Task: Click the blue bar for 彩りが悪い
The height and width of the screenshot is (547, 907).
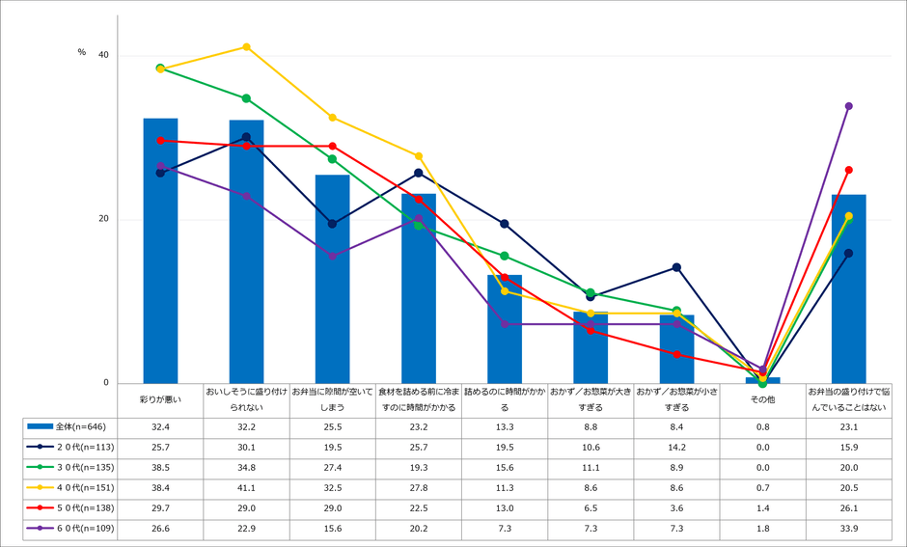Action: [160, 251]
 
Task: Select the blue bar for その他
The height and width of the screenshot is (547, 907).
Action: [762, 380]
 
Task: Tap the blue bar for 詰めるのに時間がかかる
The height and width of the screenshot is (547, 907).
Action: [505, 329]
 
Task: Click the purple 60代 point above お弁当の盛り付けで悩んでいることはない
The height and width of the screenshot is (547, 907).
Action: [849, 106]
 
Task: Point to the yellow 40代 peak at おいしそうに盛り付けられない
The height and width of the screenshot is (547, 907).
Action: [246, 46]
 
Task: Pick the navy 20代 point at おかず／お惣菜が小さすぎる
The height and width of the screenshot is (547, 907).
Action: [676, 267]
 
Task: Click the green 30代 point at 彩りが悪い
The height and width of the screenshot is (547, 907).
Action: [160, 68]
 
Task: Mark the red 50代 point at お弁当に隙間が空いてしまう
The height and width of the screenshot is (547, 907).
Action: [332, 146]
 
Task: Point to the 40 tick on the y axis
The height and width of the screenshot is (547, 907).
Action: [103, 55]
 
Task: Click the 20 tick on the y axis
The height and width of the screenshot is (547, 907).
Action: [103, 219]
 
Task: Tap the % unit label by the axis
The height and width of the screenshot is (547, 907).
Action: [82, 52]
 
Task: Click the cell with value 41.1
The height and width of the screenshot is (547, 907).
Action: [246, 486]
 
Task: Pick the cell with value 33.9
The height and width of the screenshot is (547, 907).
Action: [849, 528]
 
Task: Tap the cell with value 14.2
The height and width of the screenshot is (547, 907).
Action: [676, 446]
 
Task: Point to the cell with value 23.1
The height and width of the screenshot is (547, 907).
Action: [849, 425]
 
